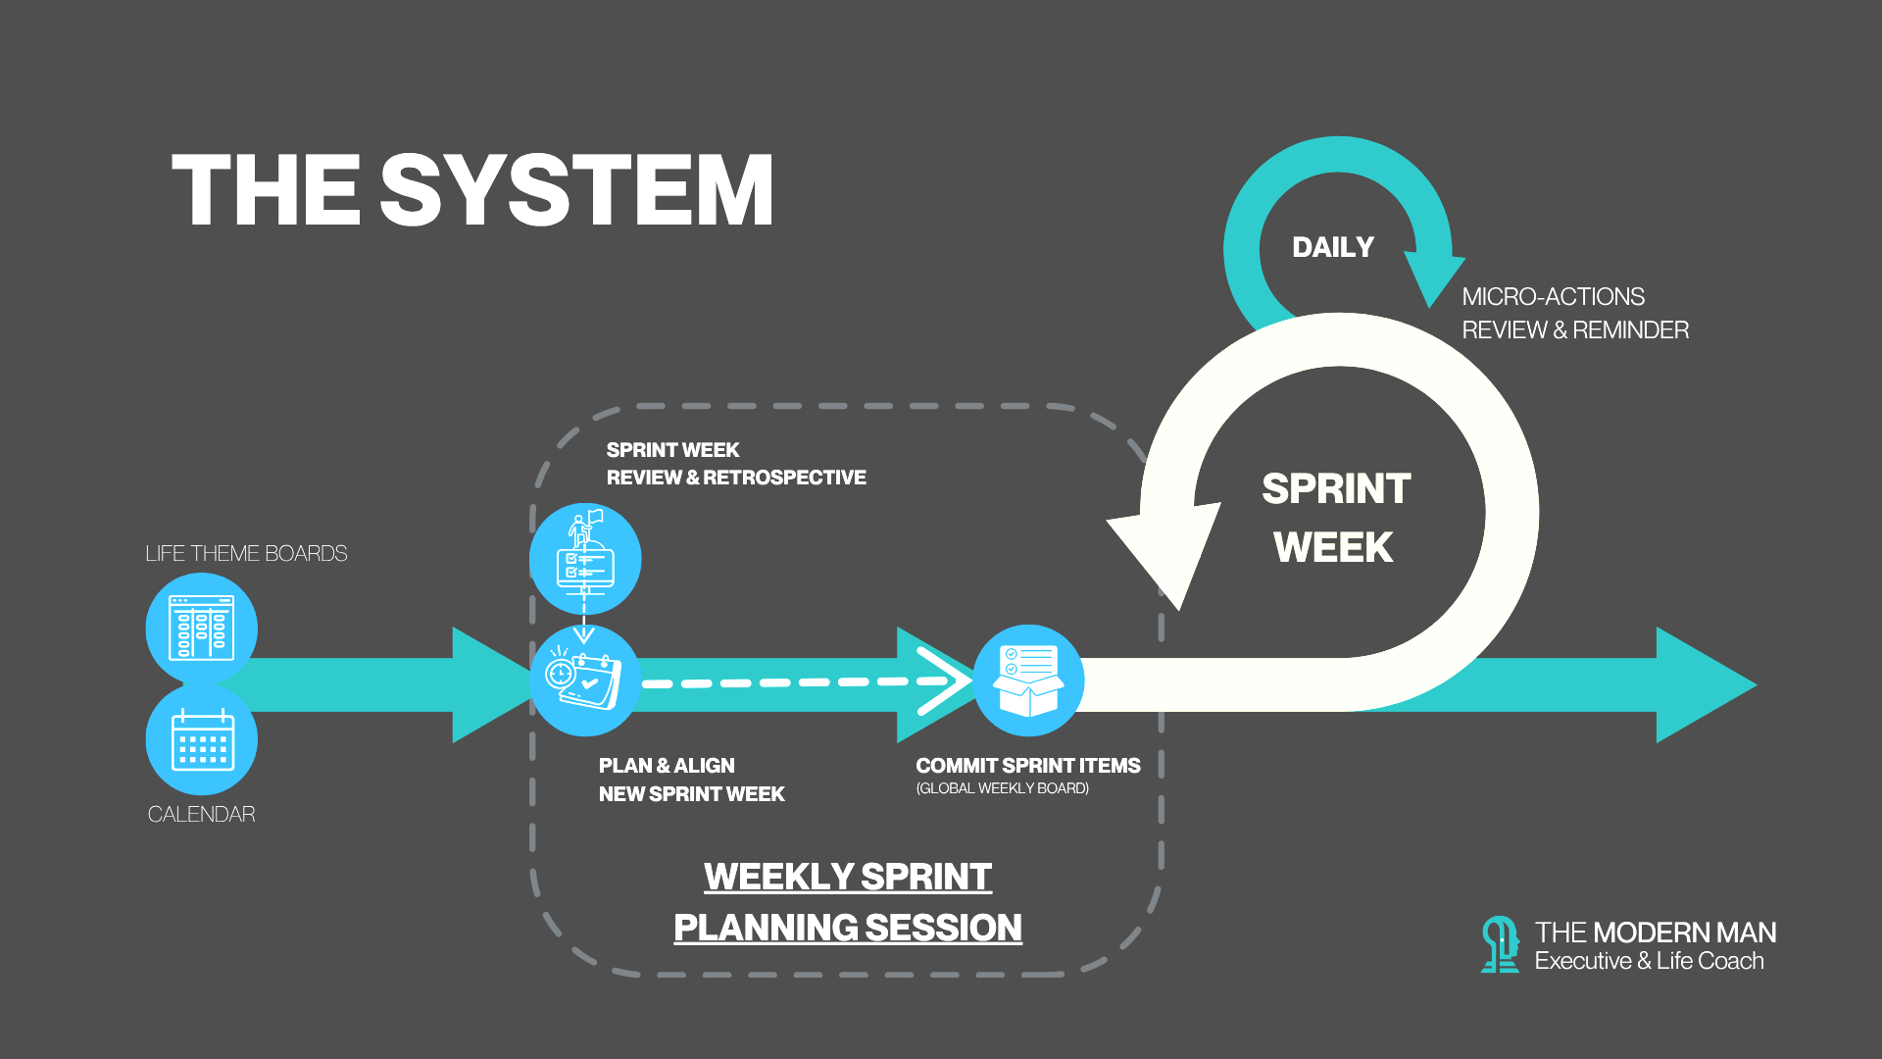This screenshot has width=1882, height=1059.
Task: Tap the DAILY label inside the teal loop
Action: click(1333, 247)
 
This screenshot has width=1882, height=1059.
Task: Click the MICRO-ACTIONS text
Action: click(1553, 296)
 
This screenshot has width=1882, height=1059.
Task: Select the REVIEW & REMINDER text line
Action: click(1575, 330)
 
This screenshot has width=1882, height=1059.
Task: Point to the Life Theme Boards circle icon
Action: click(202, 629)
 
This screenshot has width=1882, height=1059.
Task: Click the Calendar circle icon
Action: click(202, 739)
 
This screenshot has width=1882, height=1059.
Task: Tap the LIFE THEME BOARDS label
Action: click(246, 554)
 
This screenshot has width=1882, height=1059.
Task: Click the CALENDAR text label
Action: click(201, 815)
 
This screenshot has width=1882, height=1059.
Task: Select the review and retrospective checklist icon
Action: click(585, 559)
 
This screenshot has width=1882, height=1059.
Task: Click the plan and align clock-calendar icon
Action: click(585, 681)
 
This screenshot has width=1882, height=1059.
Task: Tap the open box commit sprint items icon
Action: click(1028, 681)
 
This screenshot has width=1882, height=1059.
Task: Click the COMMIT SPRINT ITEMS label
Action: click(1027, 766)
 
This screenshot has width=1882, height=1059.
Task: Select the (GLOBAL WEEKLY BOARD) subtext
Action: click(1002, 788)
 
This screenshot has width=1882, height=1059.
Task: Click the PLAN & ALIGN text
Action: click(667, 766)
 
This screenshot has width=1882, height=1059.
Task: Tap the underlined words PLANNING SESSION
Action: click(848, 928)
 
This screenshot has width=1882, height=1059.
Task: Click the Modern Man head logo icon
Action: click(1499, 944)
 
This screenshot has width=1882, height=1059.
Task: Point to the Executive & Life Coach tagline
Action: click(1649, 961)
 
